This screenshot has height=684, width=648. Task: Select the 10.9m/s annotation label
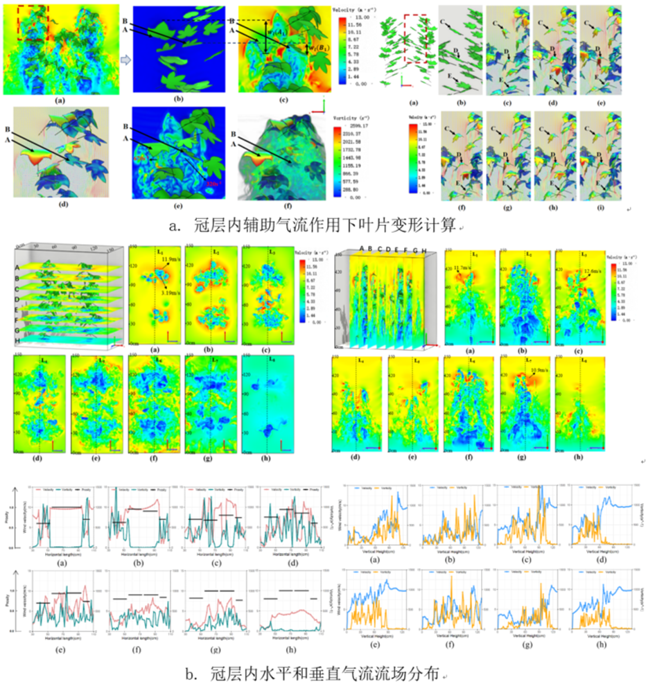[x=525, y=371]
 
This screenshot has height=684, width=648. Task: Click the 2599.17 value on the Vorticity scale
[x=361, y=126]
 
